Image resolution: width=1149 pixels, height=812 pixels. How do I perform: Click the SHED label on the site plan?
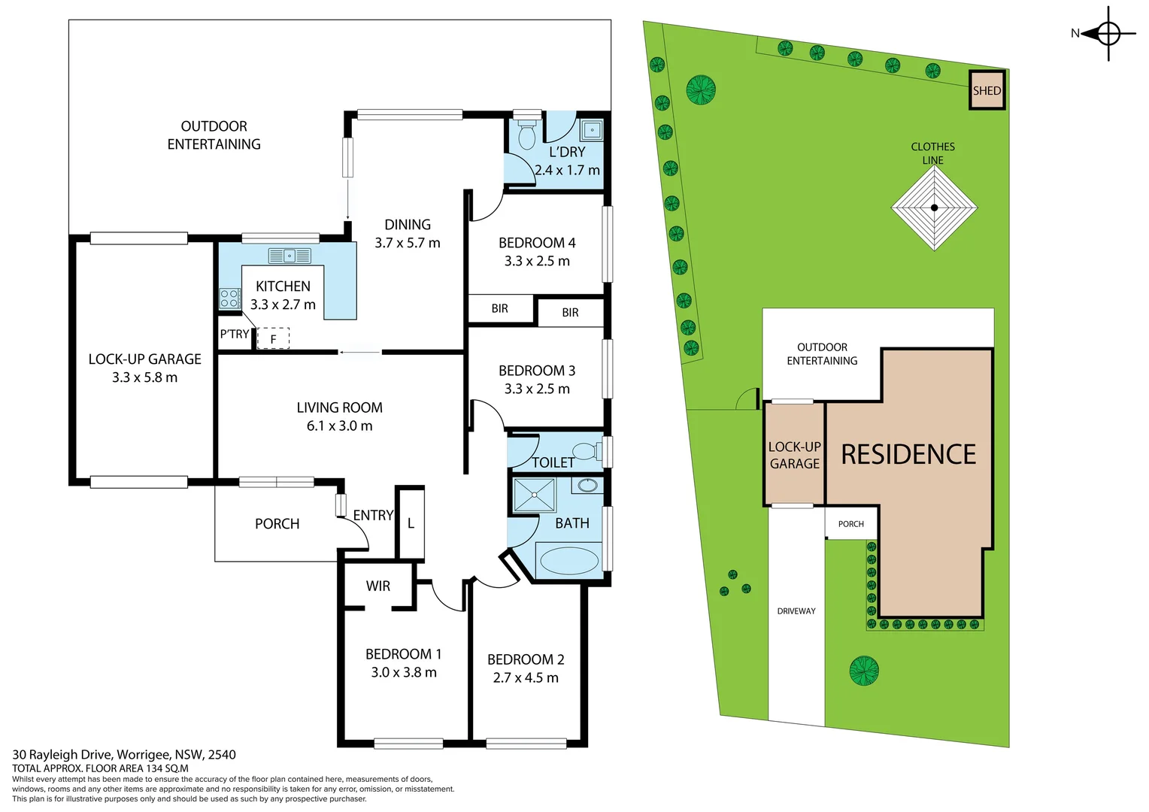[987, 91]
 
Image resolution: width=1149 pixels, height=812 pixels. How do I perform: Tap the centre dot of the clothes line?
[934, 208]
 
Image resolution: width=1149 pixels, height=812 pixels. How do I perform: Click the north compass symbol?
[1108, 33]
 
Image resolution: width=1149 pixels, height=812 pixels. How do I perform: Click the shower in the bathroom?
[534, 495]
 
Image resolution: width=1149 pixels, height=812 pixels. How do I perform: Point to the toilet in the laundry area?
[527, 133]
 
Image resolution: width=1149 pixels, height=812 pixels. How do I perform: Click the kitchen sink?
[290, 256]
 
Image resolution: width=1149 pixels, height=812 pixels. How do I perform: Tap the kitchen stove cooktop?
[229, 298]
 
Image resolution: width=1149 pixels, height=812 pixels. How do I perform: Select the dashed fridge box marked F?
[273, 339]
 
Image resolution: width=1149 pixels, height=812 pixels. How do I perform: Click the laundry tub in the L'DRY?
[592, 130]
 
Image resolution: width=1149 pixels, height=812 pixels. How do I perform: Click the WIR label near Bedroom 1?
[378, 586]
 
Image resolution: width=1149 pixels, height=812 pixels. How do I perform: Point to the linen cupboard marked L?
[411, 523]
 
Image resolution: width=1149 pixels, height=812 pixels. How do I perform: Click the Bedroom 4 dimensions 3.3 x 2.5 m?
[537, 262]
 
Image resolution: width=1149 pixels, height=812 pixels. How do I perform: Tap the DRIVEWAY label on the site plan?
[796, 611]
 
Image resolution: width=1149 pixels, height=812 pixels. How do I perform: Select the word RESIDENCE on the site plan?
[908, 454]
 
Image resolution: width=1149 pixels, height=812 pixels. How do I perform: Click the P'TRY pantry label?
[234, 335]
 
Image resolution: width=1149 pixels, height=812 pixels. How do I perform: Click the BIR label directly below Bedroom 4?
[500, 309]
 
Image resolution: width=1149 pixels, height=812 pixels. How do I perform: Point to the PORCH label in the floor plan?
[277, 524]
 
